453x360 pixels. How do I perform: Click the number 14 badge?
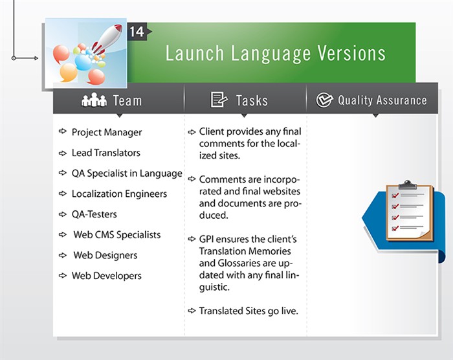click(x=136, y=32)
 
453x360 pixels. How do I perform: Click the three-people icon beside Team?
click(x=94, y=100)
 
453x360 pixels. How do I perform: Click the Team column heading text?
click(x=127, y=100)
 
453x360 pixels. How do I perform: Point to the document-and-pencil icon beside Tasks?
click(x=219, y=100)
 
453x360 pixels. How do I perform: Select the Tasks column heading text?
click(x=252, y=100)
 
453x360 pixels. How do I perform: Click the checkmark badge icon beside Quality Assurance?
click(x=324, y=100)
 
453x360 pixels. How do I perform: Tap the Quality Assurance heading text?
click(x=382, y=100)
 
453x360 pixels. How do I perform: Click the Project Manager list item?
click(x=106, y=132)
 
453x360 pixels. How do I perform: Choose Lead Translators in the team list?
click(x=105, y=153)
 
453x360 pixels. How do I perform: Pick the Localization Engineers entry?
click(x=119, y=194)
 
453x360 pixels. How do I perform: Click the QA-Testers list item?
click(x=94, y=214)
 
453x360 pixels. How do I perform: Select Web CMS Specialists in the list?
click(x=116, y=234)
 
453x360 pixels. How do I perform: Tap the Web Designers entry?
click(x=105, y=255)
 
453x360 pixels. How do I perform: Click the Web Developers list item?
click(x=106, y=276)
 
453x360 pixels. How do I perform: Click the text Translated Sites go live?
click(x=249, y=311)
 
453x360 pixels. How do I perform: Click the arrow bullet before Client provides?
click(x=192, y=132)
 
